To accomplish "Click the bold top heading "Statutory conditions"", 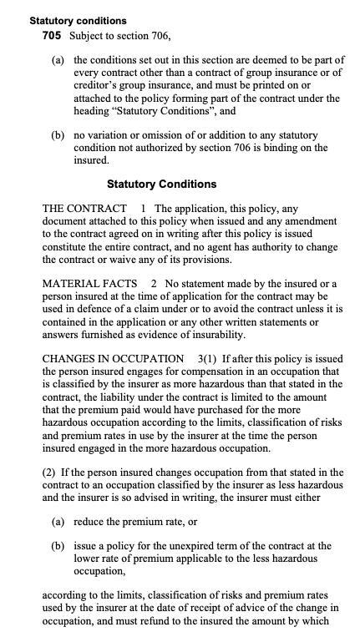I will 78,18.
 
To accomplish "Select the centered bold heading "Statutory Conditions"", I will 162,184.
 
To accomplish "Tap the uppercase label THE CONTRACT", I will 84,208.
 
